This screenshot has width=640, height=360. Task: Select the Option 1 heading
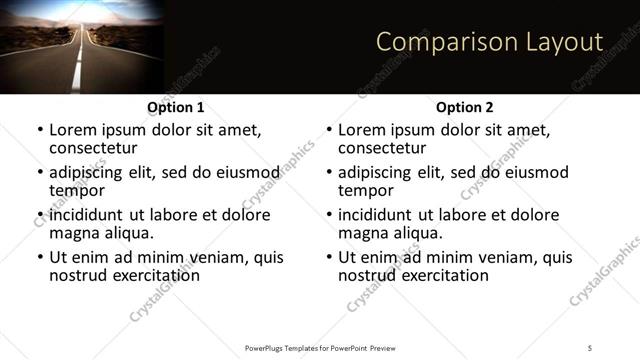click(x=175, y=107)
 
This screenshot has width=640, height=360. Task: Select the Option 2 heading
click(x=464, y=107)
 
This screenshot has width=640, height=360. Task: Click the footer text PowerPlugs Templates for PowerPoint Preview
click(x=320, y=347)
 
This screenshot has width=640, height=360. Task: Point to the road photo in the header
click(x=80, y=46)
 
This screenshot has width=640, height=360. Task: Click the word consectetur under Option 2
click(x=381, y=148)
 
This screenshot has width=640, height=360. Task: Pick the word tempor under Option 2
click(x=365, y=190)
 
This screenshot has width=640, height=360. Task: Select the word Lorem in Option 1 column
click(x=72, y=130)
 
